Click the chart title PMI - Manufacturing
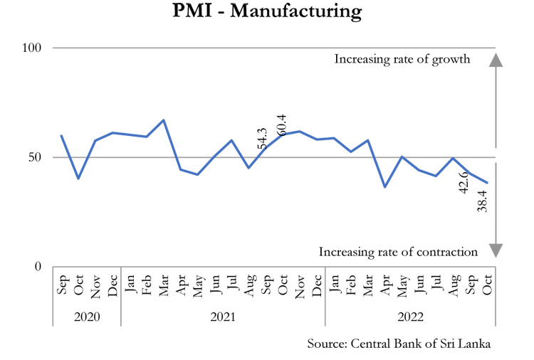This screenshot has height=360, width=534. pyautogui.click(x=267, y=12)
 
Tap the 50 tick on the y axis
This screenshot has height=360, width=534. pyautogui.click(x=36, y=157)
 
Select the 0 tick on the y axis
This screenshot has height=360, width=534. pyautogui.click(x=39, y=267)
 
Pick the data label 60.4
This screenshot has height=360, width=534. pyautogui.click(x=281, y=118)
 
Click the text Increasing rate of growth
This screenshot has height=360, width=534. pyautogui.click(x=402, y=59)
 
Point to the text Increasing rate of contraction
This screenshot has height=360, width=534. pyautogui.click(x=398, y=251)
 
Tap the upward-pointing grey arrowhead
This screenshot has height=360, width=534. pyautogui.click(x=496, y=60)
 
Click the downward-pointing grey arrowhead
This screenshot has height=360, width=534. pyautogui.click(x=496, y=250)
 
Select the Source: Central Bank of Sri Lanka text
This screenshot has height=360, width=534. pyautogui.click(x=399, y=344)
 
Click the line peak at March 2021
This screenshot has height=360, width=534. pyautogui.click(x=164, y=120)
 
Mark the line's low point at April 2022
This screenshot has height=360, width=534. pyautogui.click(x=385, y=187)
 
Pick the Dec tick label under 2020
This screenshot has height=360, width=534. pyautogui.click(x=113, y=284)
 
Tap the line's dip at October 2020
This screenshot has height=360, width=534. pyautogui.click(x=78, y=178)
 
